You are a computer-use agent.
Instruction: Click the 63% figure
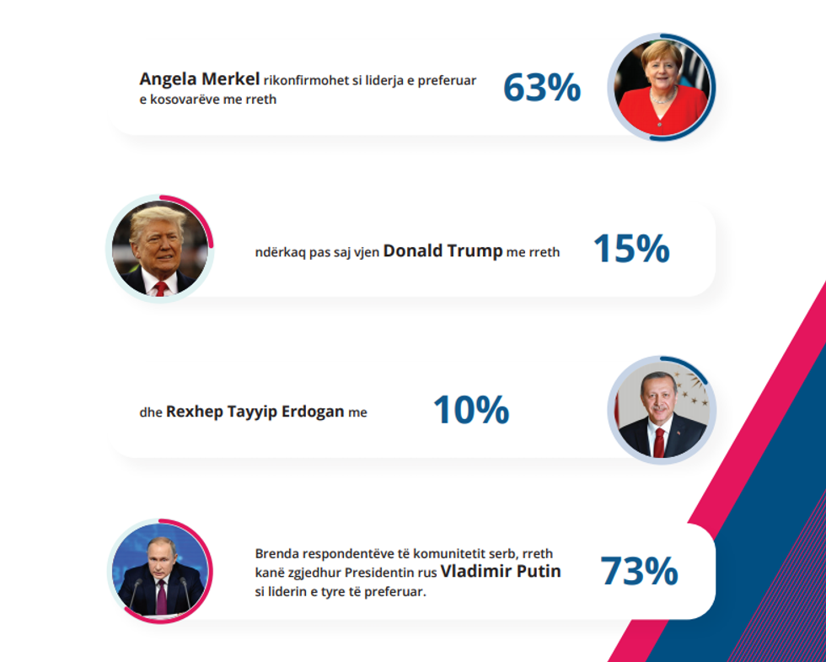click(x=542, y=88)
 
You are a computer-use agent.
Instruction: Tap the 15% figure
click(x=631, y=249)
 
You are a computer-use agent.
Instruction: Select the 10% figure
click(x=470, y=411)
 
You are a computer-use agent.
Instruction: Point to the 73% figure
click(x=639, y=571)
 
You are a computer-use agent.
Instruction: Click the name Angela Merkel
click(x=199, y=80)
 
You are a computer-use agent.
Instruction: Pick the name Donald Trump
click(x=442, y=251)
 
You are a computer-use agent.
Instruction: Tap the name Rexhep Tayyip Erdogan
click(x=255, y=412)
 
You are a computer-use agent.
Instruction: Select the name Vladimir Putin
click(x=501, y=572)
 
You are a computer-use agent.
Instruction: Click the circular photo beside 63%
click(x=662, y=87)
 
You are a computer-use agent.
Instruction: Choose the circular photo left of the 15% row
click(x=159, y=248)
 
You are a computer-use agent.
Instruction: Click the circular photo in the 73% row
click(x=159, y=571)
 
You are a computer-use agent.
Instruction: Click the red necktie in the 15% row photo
click(x=160, y=288)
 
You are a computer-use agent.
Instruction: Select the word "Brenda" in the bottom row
click(x=275, y=554)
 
